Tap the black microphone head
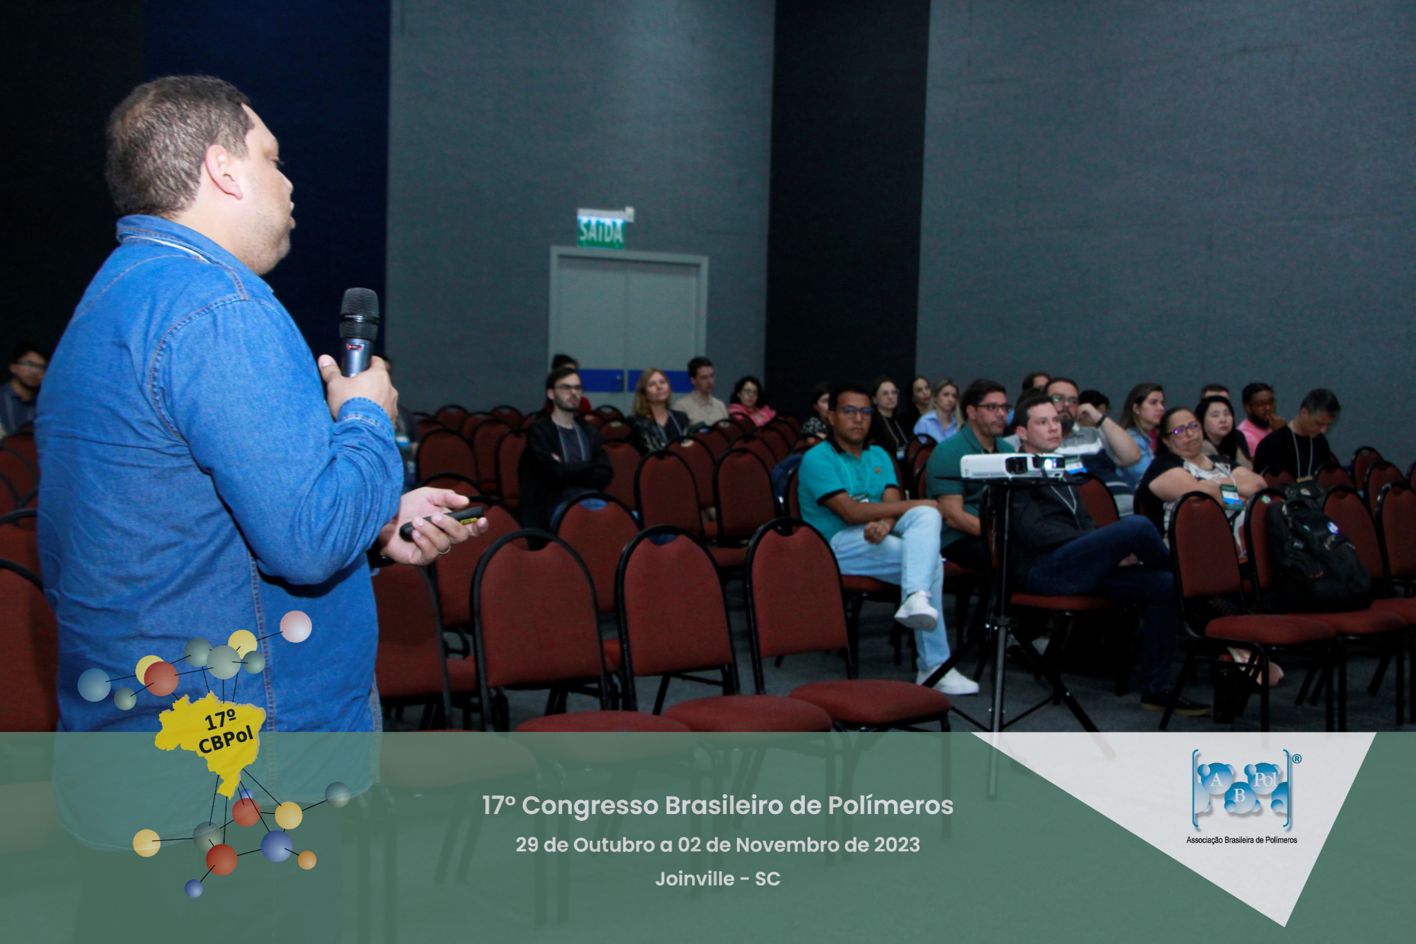tap(359, 313)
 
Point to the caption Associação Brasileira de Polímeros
tap(1241, 840)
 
